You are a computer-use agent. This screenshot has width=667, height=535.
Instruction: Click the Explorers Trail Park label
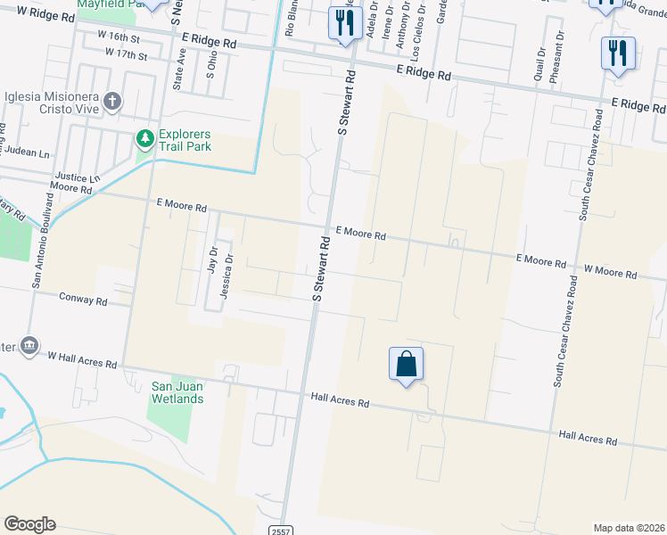coord(185,140)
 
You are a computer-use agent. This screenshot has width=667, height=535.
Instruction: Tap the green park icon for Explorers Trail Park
coord(144,138)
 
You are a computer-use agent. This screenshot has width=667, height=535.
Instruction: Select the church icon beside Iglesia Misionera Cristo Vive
coord(112,100)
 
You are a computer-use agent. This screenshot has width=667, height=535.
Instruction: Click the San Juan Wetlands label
coord(177,392)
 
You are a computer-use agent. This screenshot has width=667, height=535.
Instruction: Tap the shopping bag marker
coord(406,365)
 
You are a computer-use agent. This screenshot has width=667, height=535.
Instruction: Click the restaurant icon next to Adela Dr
coord(342,23)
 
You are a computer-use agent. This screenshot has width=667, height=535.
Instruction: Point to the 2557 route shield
coord(279,529)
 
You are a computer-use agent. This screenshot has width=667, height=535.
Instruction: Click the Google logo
coord(29,524)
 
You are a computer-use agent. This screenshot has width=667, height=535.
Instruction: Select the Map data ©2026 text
coord(630,528)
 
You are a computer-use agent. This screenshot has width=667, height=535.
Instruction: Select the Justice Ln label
coord(74,177)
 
